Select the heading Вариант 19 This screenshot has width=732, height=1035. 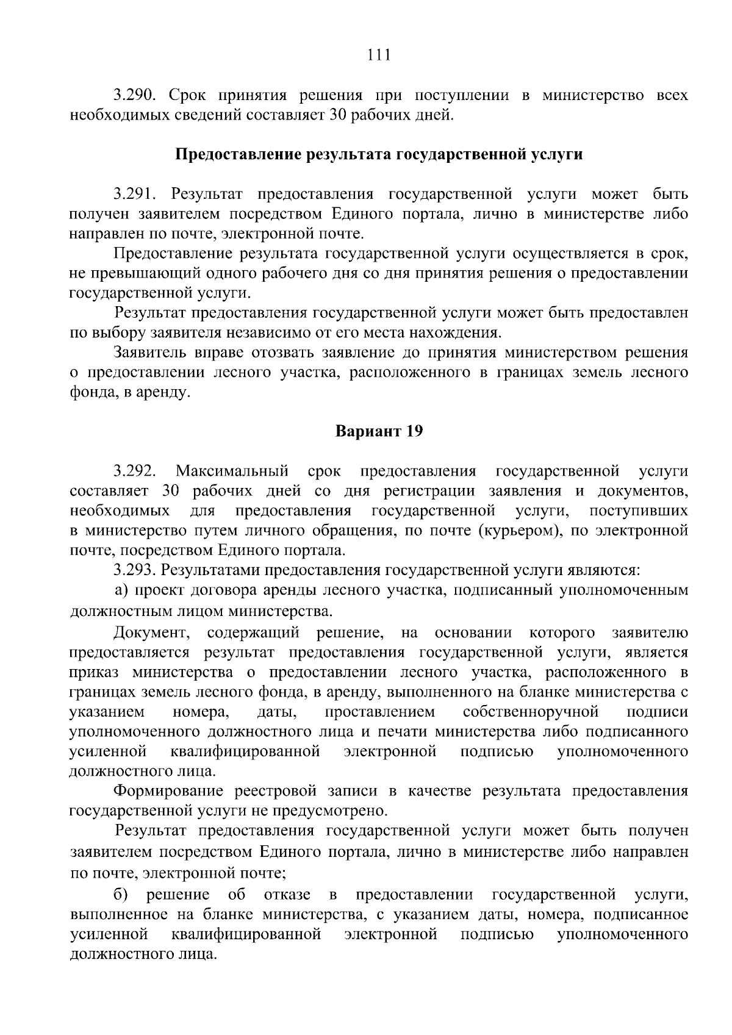[379, 431]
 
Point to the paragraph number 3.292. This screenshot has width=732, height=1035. [135, 471]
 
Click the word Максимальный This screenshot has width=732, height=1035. [232, 471]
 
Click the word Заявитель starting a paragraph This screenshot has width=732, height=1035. [149, 353]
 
